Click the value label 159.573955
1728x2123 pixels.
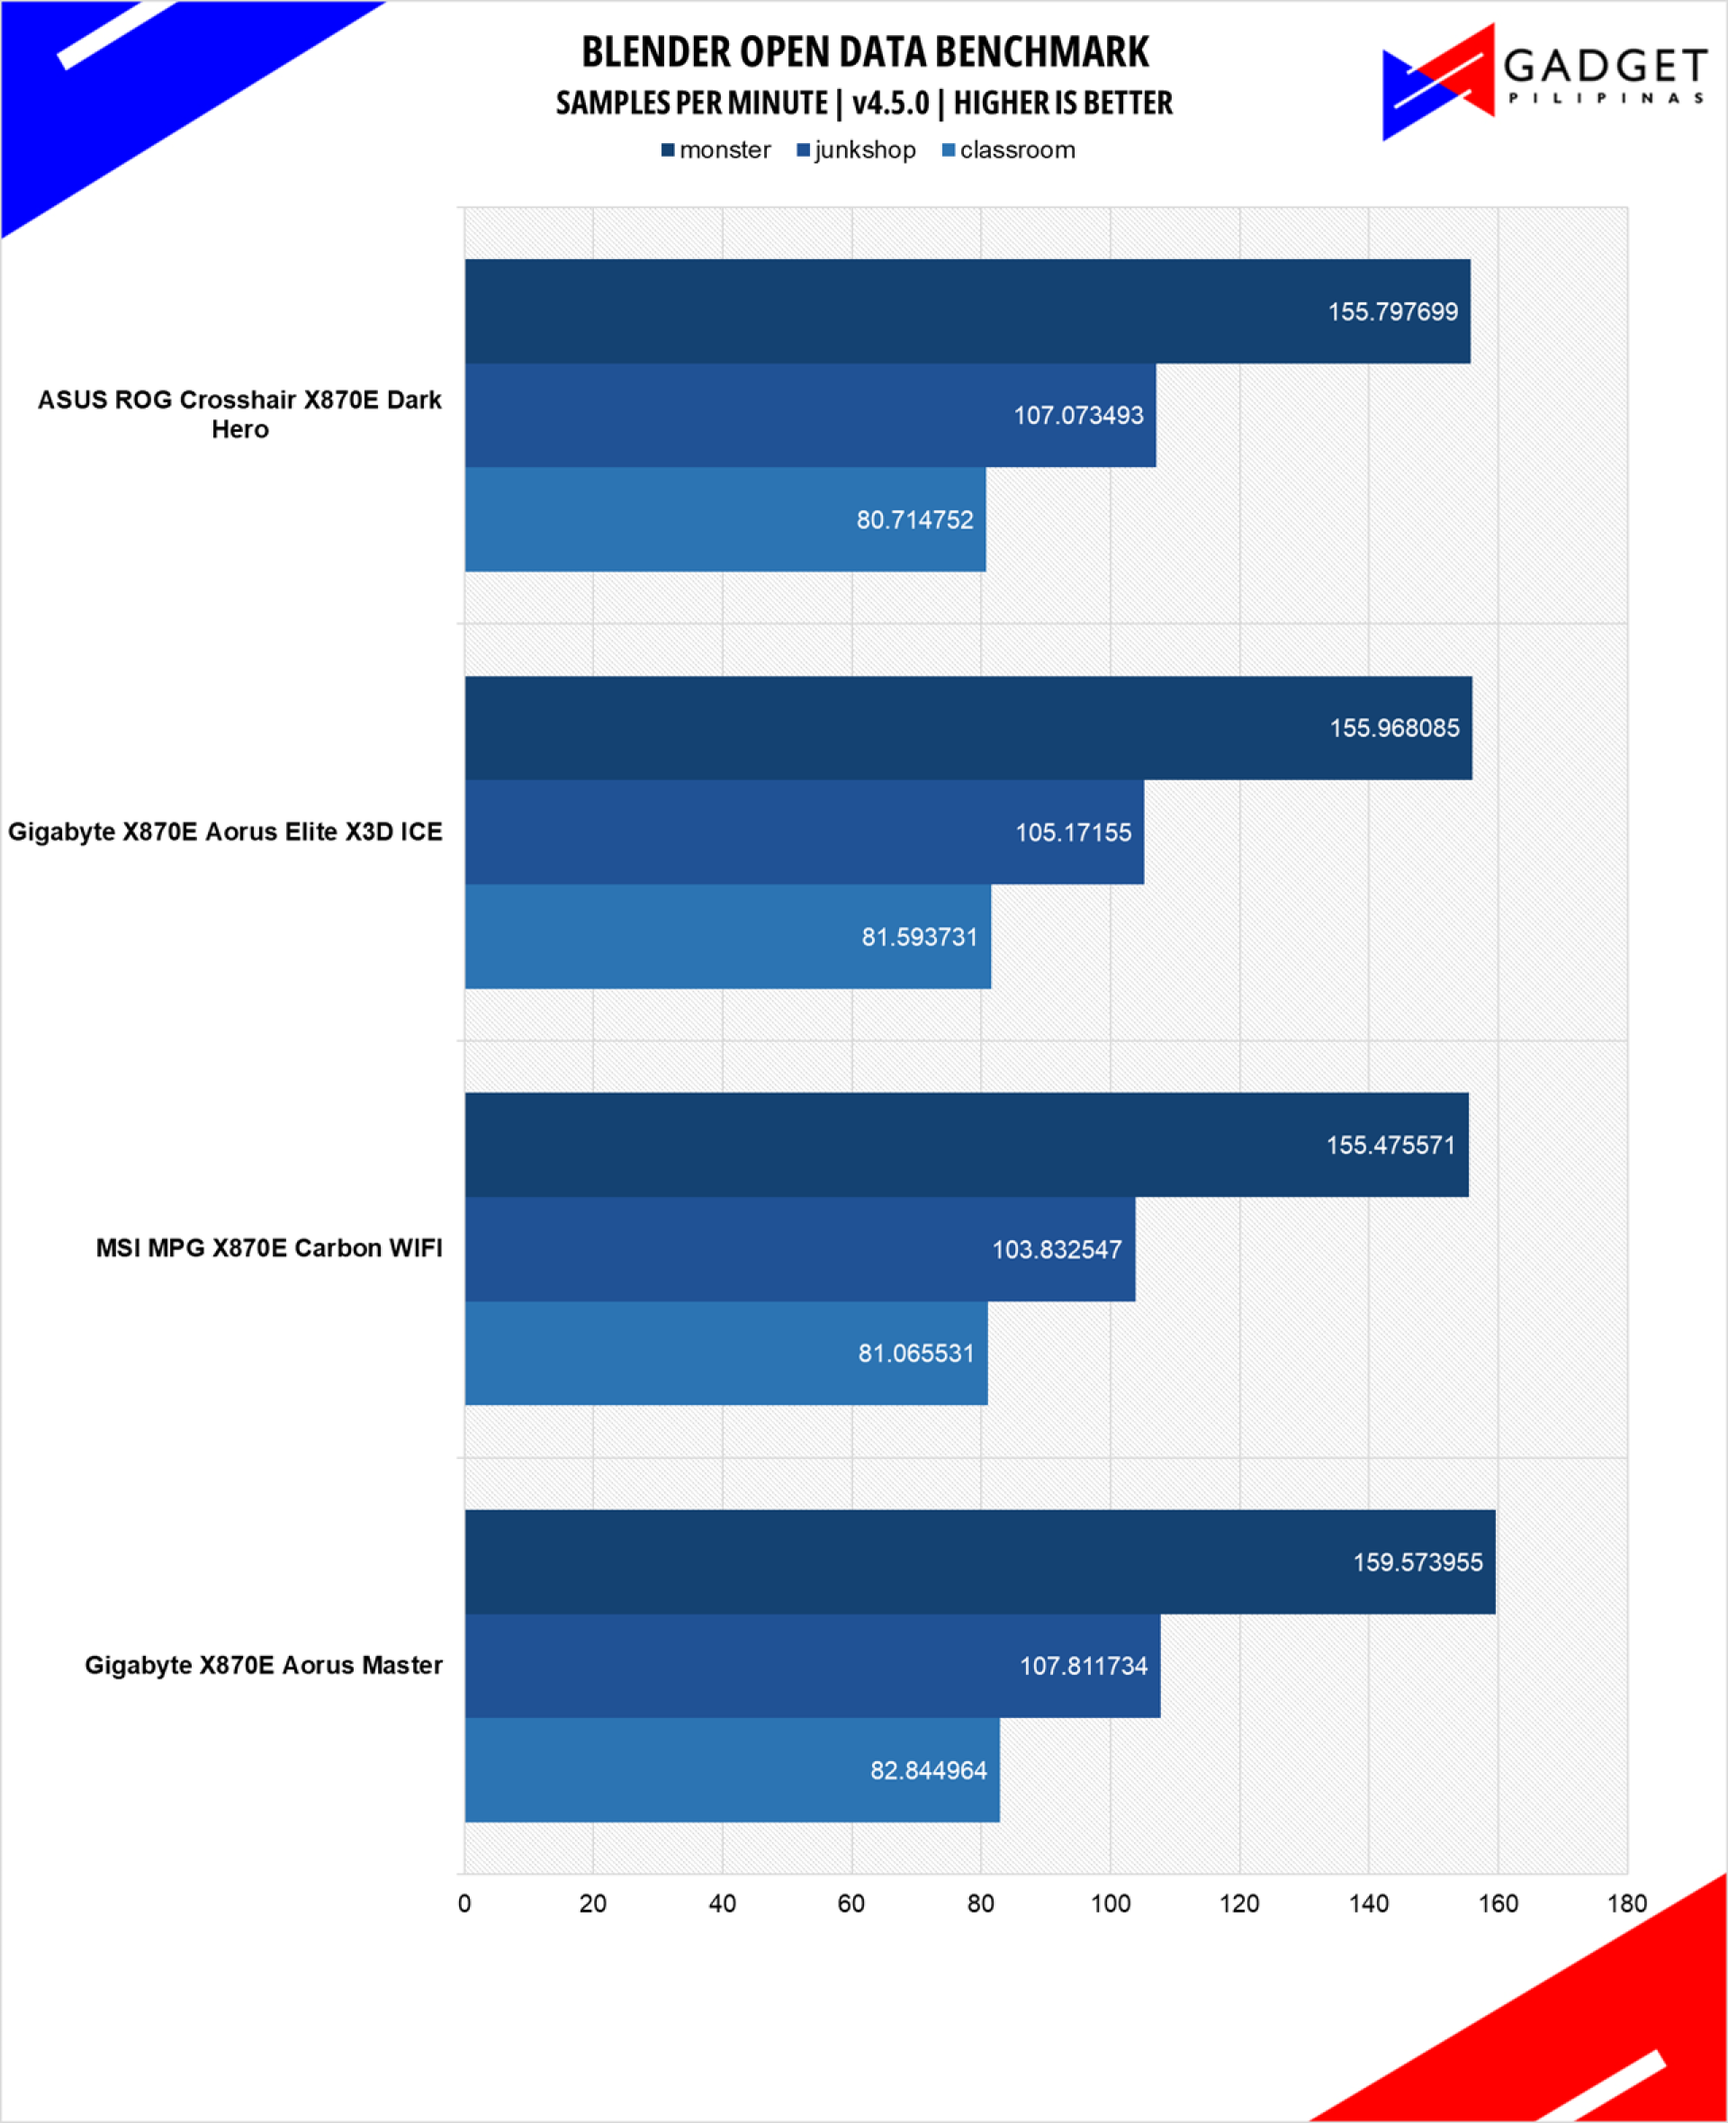pyautogui.click(x=1417, y=1561)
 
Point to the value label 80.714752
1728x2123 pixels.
pyautogui.click(x=914, y=519)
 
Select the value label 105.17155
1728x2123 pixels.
pyautogui.click(x=1073, y=832)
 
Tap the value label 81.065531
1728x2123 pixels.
pyautogui.click(x=916, y=1353)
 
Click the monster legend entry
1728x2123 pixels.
pyautogui.click(x=715, y=150)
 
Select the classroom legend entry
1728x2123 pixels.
pyautogui.click(x=1008, y=150)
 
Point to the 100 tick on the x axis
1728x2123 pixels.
pyautogui.click(x=1110, y=1903)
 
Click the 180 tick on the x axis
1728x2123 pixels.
pyautogui.click(x=1626, y=1903)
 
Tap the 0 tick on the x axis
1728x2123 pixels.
pyautogui.click(x=463, y=1903)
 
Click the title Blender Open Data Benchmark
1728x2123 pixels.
pyautogui.click(x=864, y=53)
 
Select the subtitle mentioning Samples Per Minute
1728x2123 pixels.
pyautogui.click(x=864, y=103)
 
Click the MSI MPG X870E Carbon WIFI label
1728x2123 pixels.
pyautogui.click(x=269, y=1248)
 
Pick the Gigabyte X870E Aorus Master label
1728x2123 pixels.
pyautogui.click(x=263, y=1665)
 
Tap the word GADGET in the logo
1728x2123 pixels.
pyautogui.click(x=1605, y=67)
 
